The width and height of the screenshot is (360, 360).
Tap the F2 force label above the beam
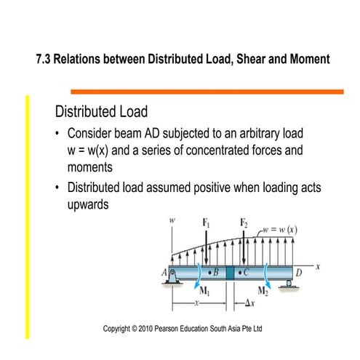243,223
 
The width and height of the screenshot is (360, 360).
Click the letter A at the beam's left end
165,274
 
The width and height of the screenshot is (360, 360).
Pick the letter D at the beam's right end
297,273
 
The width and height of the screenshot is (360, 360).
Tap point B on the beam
216,273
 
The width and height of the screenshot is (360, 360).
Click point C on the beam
247,273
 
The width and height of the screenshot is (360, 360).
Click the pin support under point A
174,277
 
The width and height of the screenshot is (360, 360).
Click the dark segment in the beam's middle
231,273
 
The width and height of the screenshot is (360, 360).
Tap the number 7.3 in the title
44,58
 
